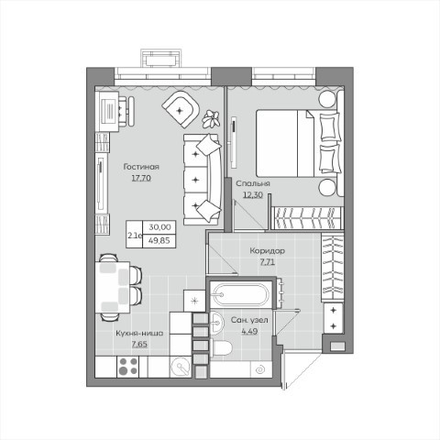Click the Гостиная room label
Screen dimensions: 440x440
(141, 167)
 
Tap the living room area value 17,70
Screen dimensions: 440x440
(141, 178)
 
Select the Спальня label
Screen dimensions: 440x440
(253, 183)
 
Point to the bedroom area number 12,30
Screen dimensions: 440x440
(253, 194)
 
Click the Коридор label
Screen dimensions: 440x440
(268, 251)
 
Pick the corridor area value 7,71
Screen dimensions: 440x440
(268, 262)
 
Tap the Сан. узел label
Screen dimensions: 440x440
(249, 320)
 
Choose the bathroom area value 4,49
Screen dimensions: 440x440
(249, 331)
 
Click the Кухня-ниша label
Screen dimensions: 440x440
(139, 333)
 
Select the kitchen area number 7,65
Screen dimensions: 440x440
(139, 344)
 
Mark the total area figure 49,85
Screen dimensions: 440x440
(159, 240)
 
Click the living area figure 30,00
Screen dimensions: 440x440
(159, 227)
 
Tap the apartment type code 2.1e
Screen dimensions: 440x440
(135, 236)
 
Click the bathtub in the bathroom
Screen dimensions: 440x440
(241, 294)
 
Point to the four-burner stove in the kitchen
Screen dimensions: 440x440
(128, 367)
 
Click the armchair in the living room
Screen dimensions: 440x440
(181, 109)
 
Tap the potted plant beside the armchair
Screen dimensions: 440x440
(211, 118)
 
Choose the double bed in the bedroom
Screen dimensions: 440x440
(299, 143)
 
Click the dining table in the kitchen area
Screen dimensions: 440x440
(113, 287)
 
